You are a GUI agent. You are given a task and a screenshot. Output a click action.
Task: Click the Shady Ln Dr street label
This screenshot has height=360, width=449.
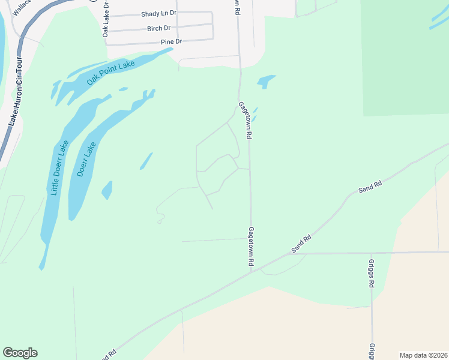click(x=158, y=13)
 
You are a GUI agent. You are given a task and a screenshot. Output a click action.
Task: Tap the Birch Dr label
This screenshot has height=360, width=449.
click(x=158, y=28)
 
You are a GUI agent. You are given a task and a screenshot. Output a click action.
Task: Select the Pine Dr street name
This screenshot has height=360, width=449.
click(x=171, y=41)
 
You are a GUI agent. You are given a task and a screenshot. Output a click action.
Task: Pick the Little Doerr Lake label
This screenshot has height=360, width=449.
click(x=59, y=167)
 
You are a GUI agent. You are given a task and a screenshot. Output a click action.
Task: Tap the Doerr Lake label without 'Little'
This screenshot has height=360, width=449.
click(x=86, y=158)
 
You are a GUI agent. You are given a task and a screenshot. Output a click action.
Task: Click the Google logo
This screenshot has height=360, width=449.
click(x=20, y=352)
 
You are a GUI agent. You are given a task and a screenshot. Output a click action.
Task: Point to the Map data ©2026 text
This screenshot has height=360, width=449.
click(x=423, y=355)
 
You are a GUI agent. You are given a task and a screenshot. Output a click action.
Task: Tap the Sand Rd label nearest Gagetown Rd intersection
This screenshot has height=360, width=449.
click(x=302, y=242)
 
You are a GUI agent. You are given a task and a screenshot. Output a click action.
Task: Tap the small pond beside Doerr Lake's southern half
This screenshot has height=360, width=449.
click(x=107, y=190)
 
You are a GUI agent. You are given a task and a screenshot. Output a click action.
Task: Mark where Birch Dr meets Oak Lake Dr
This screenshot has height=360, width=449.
click(x=110, y=29)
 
